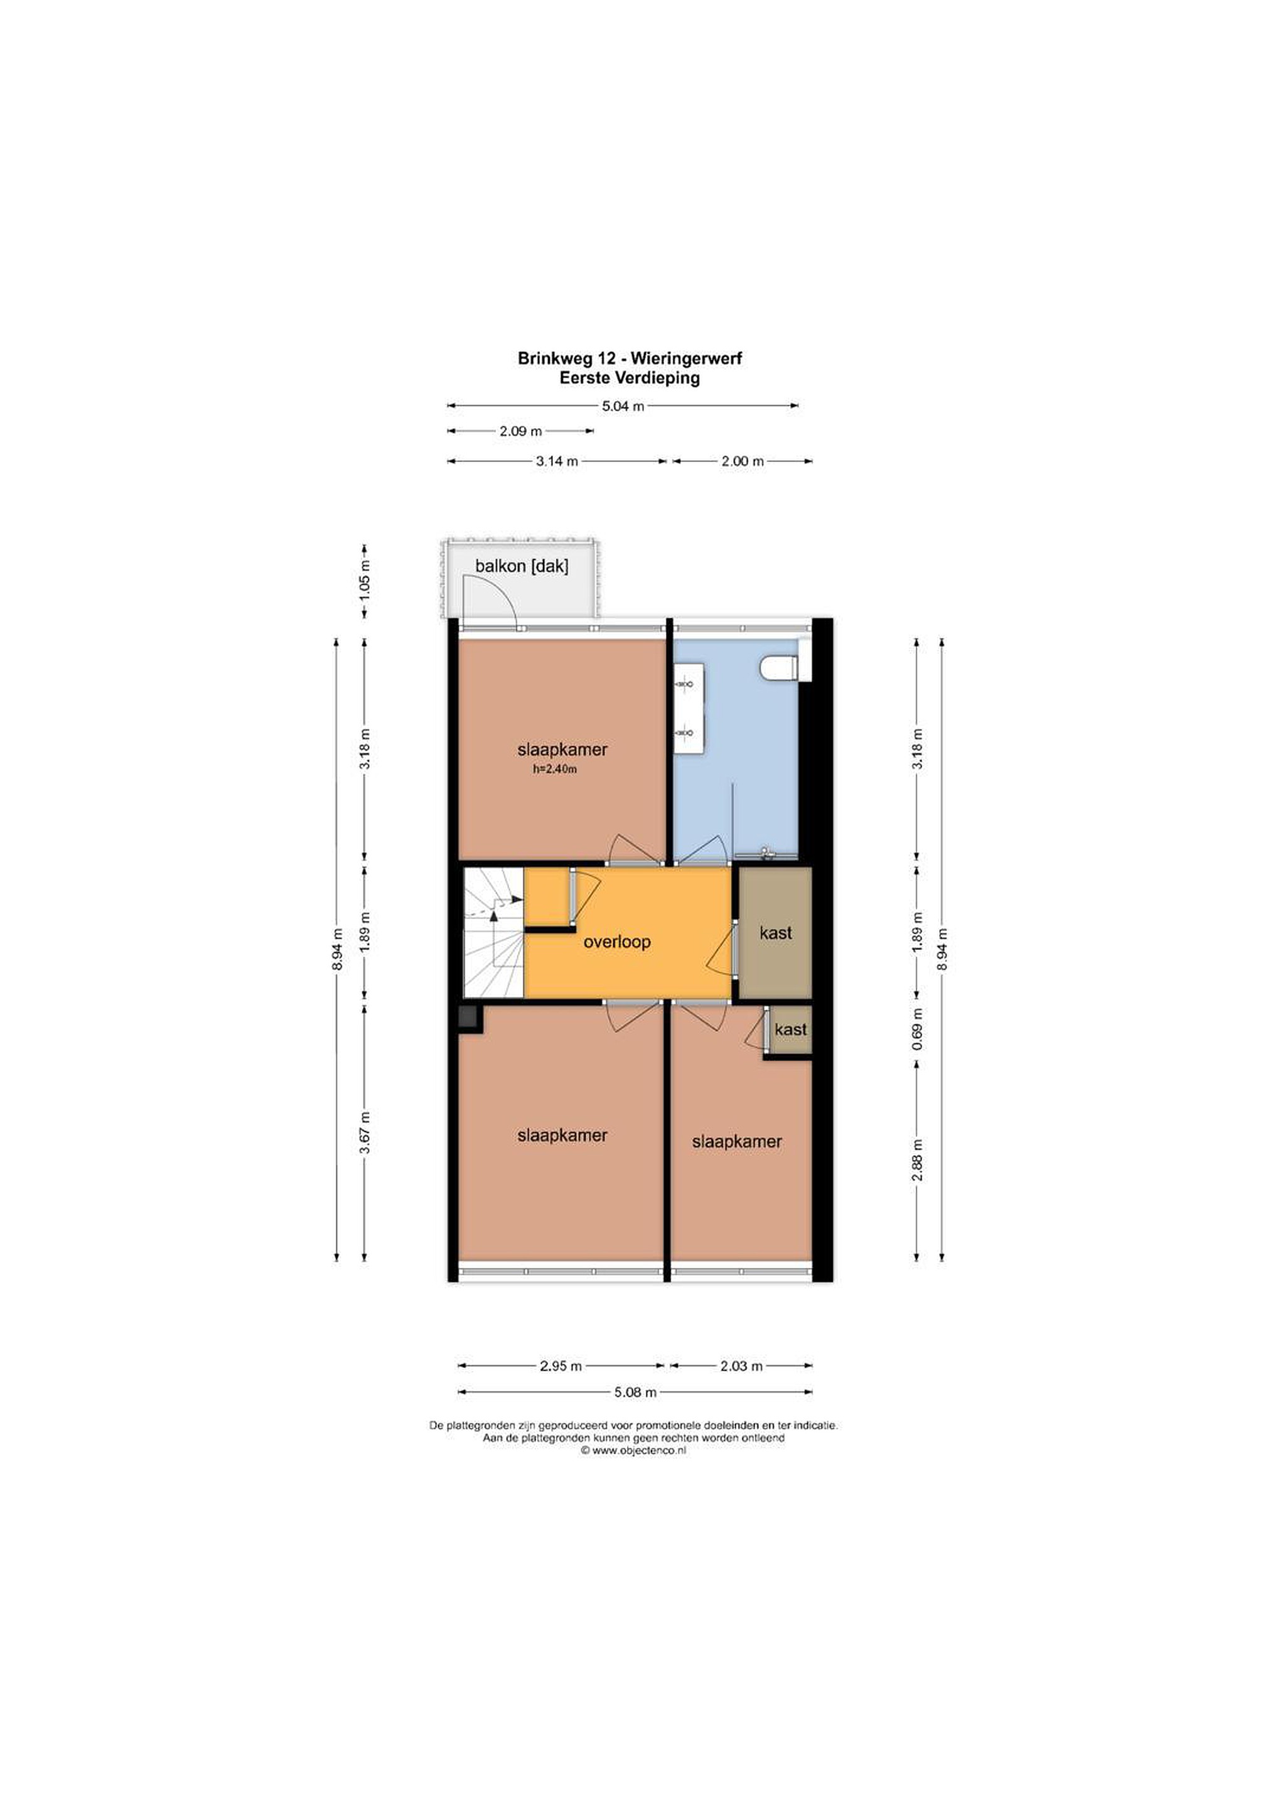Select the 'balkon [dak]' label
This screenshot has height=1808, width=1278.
tap(521, 566)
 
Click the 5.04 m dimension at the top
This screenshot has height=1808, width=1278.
tap(623, 406)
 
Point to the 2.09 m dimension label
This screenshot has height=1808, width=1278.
tap(520, 431)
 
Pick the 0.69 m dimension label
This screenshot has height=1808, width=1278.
tap(916, 1028)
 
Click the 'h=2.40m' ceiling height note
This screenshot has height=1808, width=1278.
tap(554, 770)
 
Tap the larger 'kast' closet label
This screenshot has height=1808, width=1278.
tap(776, 933)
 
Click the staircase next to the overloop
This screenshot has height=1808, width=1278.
tap(493, 932)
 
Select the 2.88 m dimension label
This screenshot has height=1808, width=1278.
tap(916, 1161)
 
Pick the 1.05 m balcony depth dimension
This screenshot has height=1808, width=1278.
tap(364, 582)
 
